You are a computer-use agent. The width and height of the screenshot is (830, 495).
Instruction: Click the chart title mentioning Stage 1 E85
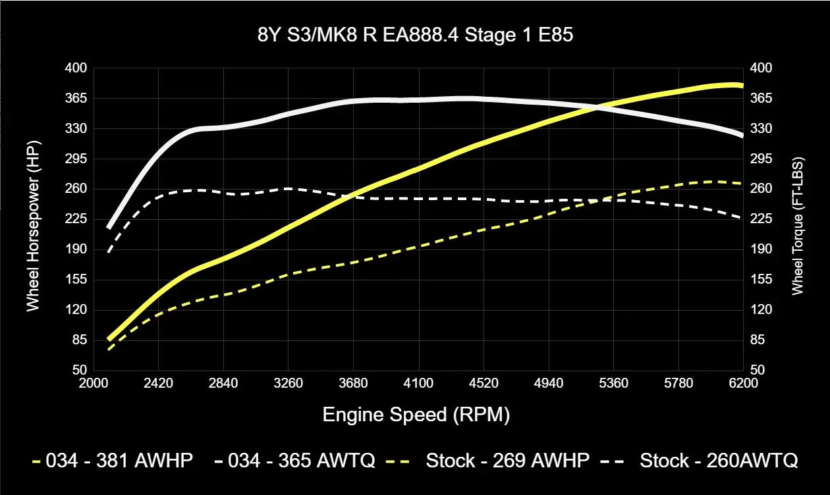415,36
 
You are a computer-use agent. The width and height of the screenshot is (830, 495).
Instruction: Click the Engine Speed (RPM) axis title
416,415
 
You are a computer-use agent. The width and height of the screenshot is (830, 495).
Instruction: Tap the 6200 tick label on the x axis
743,383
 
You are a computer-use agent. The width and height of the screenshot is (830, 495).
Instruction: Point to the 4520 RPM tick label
484,383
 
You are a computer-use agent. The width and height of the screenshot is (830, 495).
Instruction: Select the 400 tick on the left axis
76,68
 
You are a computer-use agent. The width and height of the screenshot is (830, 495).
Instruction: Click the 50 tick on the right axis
757,370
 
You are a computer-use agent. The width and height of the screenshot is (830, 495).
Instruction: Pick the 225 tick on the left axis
76,219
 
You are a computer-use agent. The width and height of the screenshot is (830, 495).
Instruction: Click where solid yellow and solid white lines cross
597,107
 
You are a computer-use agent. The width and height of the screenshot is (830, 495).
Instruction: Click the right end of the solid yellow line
742,86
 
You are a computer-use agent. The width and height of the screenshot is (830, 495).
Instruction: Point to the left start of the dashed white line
109,251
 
